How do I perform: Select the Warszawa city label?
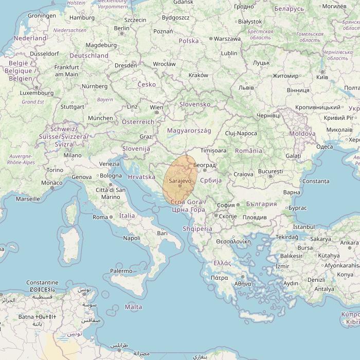227,39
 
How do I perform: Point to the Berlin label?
122,28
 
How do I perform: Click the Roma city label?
100,217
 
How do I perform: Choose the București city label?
271,171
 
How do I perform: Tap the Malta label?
133,307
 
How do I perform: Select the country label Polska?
189,41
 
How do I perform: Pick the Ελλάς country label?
222,263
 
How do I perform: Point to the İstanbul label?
303,227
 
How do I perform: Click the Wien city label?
156,107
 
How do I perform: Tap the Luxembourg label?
37,93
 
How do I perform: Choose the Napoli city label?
132,238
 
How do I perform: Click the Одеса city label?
325,147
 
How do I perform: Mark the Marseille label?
28,199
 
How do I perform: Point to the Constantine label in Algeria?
42,283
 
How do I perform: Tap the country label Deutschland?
89,56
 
